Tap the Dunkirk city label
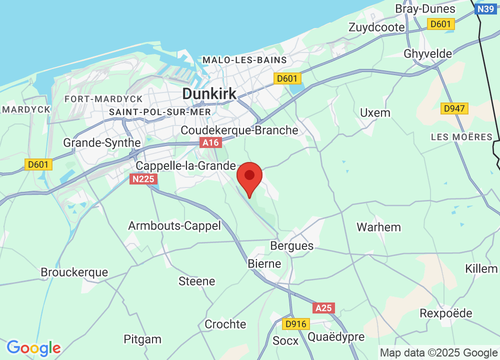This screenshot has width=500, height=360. pyautogui.click(x=209, y=93)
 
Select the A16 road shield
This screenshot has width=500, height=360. pyautogui.click(x=210, y=143)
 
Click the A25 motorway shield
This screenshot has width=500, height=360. pyautogui.click(x=324, y=308)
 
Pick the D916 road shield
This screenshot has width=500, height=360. pyautogui.click(x=294, y=324)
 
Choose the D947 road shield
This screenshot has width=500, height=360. pyautogui.click(x=454, y=108)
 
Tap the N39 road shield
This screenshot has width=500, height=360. pyautogui.click(x=486, y=9)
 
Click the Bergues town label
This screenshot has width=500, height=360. pyautogui.click(x=291, y=245)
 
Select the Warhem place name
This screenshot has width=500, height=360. pyautogui.click(x=378, y=227)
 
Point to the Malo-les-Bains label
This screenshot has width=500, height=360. pyautogui.click(x=244, y=60)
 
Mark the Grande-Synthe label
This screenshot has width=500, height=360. pyautogui.click(x=102, y=142)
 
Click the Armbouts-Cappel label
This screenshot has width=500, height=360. pyautogui.click(x=174, y=225)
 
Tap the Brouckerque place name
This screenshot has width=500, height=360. pyautogui.click(x=74, y=272)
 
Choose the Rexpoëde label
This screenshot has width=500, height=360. pyautogui.click(x=446, y=313)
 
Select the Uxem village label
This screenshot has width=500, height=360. pyautogui.click(x=375, y=112)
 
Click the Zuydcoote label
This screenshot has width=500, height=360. pyautogui.click(x=377, y=27)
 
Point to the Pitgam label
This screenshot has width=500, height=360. pyautogui.click(x=142, y=339)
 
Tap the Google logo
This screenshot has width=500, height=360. pyautogui.click(x=33, y=348)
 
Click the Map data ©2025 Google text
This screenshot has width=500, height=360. pyautogui.click(x=438, y=352)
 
